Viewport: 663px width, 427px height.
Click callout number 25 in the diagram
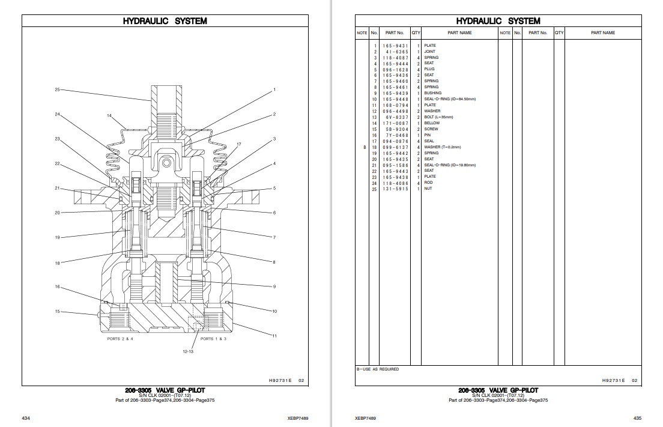57,89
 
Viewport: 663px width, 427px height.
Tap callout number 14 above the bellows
109,116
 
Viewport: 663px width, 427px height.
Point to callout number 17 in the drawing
239,144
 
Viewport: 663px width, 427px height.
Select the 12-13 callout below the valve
188,351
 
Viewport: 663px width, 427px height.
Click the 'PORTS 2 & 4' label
120,339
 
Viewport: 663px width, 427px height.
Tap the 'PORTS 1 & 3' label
213,339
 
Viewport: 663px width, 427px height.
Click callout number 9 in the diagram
274,286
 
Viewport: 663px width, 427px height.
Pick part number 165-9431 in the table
396,46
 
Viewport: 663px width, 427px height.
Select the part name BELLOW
432,123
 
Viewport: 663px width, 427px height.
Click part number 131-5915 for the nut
396,189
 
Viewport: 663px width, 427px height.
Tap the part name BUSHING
432,93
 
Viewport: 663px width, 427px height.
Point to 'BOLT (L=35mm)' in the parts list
438,117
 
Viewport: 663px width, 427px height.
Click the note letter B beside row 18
365,148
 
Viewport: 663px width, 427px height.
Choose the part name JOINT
429,52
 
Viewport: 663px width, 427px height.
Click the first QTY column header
416,32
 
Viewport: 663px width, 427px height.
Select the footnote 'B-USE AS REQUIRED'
378,369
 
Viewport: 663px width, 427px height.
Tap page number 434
26,418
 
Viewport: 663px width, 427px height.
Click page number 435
637,418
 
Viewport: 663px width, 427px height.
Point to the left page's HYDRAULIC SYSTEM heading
165,20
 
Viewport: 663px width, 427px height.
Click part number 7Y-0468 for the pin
397,135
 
